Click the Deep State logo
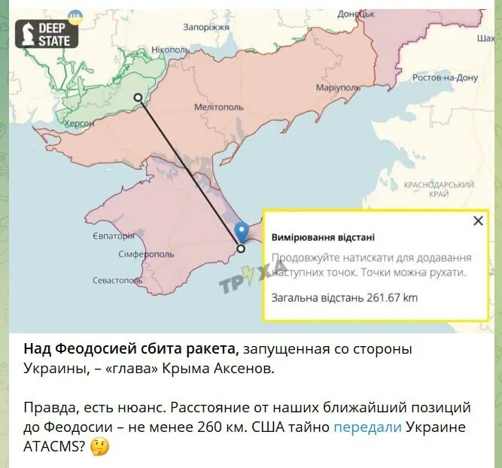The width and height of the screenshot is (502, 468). pyautogui.click(x=47, y=33)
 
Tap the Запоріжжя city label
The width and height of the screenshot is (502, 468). pyautogui.click(x=205, y=27)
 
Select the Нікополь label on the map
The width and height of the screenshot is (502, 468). pyautogui.click(x=171, y=50)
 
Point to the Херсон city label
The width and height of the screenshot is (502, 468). pyautogui.click(x=79, y=123)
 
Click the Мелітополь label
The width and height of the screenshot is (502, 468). pyautogui.click(x=218, y=107)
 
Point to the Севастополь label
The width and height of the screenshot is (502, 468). pyautogui.click(x=117, y=280)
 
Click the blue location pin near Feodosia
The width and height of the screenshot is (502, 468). pyautogui.click(x=241, y=231)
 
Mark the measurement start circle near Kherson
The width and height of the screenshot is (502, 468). pyautogui.click(x=138, y=97)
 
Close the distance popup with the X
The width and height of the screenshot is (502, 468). pyautogui.click(x=478, y=220)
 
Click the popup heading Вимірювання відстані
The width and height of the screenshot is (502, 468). pyautogui.click(x=323, y=236)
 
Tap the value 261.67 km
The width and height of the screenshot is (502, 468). pyautogui.click(x=392, y=297)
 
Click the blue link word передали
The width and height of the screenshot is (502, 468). pyautogui.click(x=367, y=427)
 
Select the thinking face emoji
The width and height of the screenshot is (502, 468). pyautogui.click(x=99, y=447)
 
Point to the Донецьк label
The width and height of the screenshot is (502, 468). pyautogui.click(x=356, y=14)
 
